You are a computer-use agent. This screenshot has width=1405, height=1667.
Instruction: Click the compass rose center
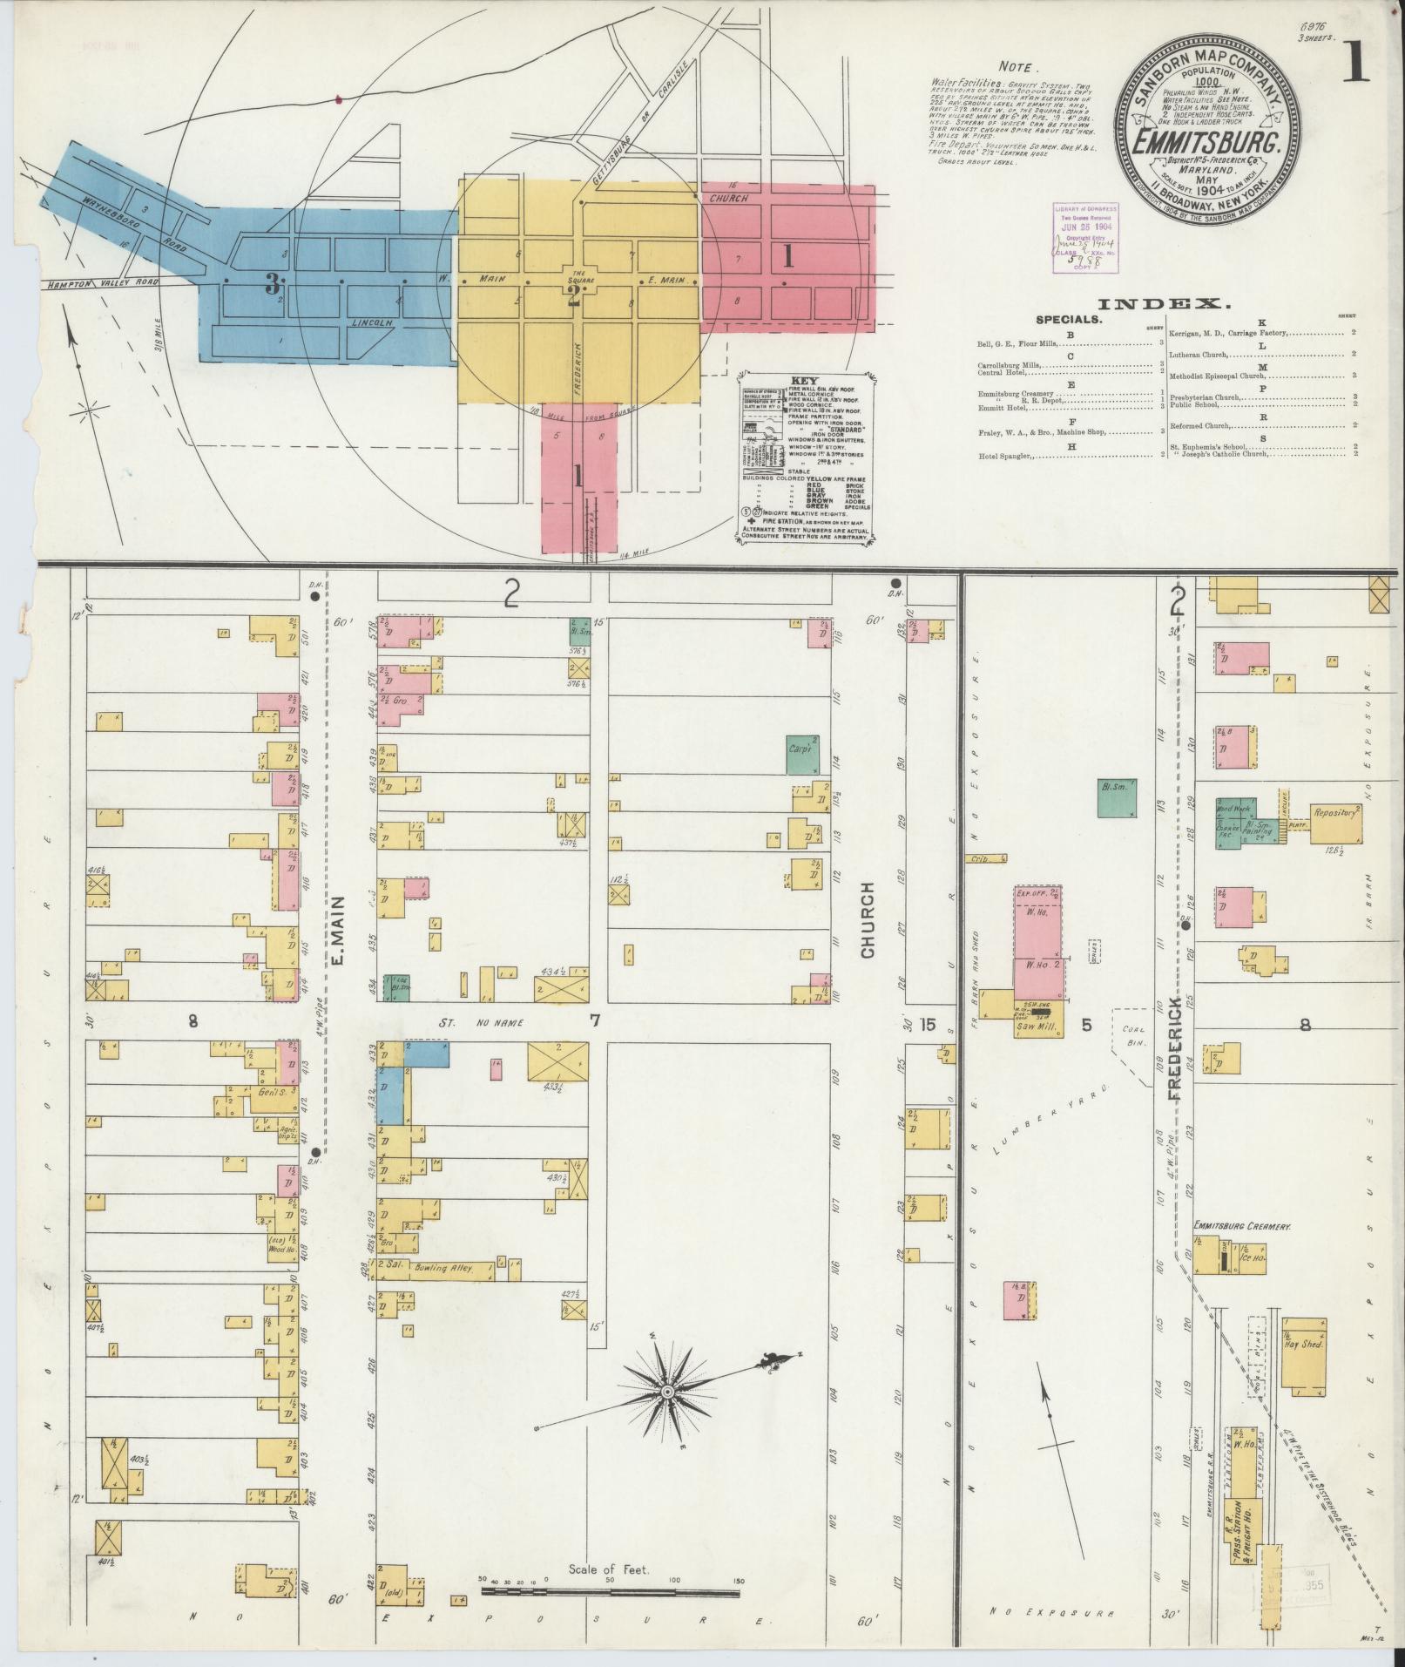pos(667,1392)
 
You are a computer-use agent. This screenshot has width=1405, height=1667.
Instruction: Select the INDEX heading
pos(1165,304)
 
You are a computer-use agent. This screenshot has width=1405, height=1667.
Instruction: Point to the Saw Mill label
pos(1036,1028)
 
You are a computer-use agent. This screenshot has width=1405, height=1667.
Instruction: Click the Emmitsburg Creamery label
pos(1241,1226)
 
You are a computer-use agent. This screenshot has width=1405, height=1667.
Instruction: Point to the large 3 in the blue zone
pos(273,283)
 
